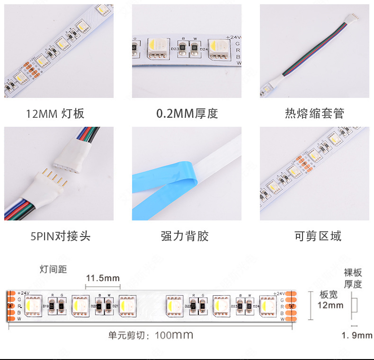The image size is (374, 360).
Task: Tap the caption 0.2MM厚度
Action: (187, 114)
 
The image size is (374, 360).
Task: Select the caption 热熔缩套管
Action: (314, 114)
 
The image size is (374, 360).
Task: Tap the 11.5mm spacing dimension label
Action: (103, 278)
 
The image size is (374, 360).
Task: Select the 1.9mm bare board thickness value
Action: (357, 335)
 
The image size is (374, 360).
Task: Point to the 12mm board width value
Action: (330, 305)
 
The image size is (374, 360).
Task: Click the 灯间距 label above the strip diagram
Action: (53, 270)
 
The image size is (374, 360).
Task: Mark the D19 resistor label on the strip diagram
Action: (46, 306)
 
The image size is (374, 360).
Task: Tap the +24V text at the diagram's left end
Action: (23, 293)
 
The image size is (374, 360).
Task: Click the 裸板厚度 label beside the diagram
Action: (353, 278)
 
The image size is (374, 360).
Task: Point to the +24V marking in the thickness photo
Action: (233, 37)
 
